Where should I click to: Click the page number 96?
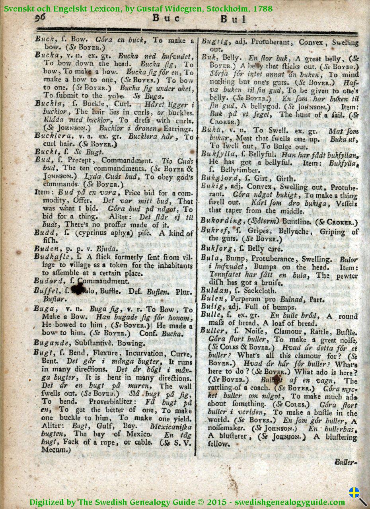pos(41,18)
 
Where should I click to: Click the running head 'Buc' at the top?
pos(166,18)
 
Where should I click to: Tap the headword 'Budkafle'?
pos(53,257)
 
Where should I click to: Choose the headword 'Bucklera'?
pos(53,137)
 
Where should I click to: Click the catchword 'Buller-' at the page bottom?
pos(345,462)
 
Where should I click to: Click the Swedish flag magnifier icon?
pos(357,495)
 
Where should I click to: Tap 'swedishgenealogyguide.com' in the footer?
pos(290,502)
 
